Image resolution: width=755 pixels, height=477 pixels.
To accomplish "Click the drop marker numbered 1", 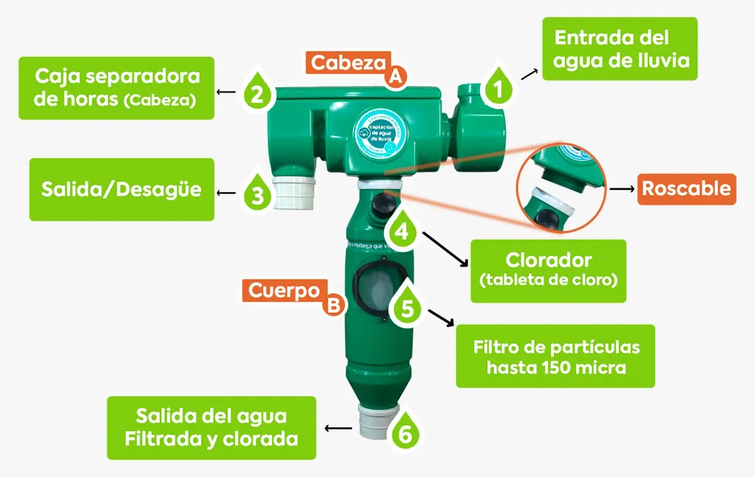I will pos(498,88).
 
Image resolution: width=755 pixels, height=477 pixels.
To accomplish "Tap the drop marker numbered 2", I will pos(257,92).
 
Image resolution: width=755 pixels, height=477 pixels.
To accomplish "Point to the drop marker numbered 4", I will pos(402,230).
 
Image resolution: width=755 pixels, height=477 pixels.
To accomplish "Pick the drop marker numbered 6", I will pos(404,433).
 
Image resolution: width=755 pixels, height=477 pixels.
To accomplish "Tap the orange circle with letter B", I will pos(334,304).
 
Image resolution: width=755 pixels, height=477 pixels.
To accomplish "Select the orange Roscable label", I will pos(686,189).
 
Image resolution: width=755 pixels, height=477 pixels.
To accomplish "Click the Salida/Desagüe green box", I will pos(121,189).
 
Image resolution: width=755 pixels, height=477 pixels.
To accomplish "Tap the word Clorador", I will pos(548,260).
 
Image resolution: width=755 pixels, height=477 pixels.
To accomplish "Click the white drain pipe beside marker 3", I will pos(294,194).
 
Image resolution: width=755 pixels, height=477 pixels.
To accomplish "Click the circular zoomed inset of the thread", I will pos(561,189).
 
